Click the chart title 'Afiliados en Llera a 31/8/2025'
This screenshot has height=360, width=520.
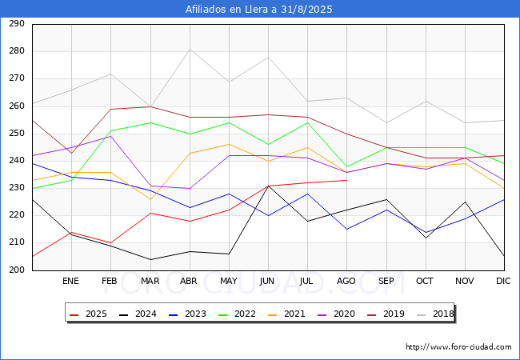258,9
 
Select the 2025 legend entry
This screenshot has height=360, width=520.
88,314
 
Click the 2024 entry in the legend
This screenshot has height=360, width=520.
138,314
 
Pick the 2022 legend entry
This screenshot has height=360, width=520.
237,314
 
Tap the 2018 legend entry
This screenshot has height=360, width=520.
435,314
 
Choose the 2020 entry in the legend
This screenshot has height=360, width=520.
336,314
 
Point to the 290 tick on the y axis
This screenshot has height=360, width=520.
17,23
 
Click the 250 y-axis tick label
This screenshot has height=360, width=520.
17,134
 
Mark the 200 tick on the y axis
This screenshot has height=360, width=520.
17,270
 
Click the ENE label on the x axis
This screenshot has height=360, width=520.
70,281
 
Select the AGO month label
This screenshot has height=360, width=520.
346,281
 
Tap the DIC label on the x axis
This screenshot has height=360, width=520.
503,281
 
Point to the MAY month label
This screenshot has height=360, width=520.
229,281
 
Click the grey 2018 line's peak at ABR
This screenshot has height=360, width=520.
190,49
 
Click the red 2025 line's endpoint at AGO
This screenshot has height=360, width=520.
347,180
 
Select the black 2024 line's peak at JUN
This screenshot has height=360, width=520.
268,186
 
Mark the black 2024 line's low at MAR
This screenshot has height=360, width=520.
150,259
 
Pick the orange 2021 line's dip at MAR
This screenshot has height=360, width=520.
150,199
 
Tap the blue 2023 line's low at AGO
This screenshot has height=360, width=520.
347,229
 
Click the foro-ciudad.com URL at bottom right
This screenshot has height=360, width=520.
458,346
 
